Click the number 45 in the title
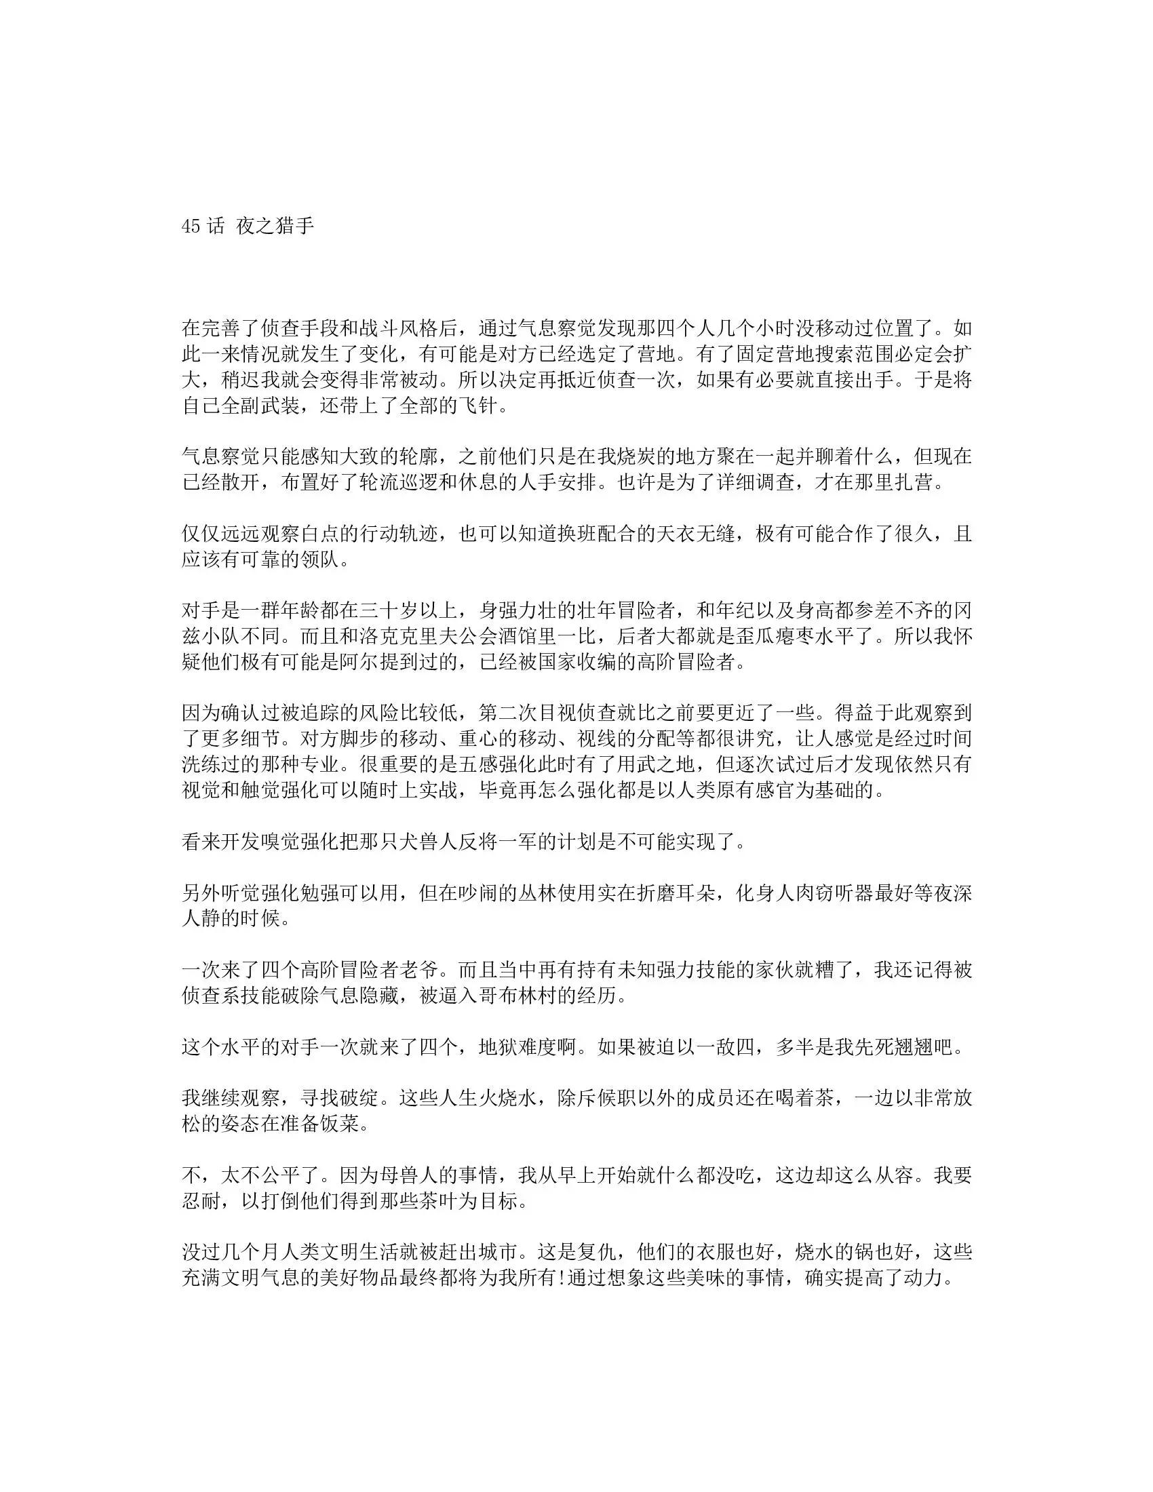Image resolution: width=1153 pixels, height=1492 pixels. (x=191, y=227)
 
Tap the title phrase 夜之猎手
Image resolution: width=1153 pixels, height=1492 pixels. (x=275, y=227)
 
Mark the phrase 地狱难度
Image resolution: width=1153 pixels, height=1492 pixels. (x=518, y=1046)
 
